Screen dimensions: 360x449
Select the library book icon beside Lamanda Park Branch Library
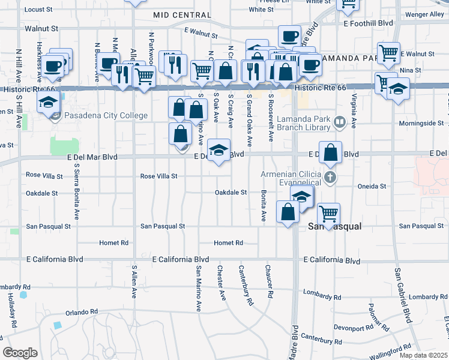(x=340, y=122)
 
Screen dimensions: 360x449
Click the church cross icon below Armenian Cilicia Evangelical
(x=330, y=178)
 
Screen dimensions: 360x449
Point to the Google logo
(x=20, y=353)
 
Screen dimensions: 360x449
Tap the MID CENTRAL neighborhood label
(x=179, y=14)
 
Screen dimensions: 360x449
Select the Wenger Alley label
(x=424, y=14)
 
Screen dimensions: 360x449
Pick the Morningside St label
(x=422, y=124)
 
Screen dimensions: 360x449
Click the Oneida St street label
(x=372, y=186)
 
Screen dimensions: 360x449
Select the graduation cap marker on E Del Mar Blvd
(x=219, y=150)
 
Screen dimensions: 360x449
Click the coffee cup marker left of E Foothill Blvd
(x=289, y=36)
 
